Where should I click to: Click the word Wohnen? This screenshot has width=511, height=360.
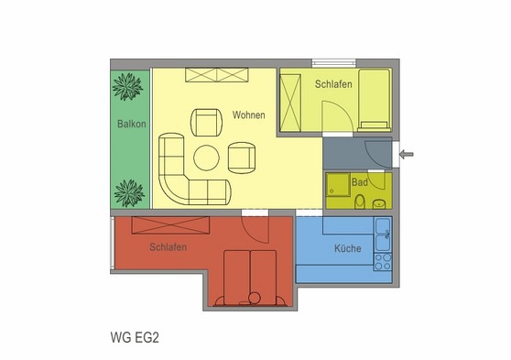(x=249, y=115)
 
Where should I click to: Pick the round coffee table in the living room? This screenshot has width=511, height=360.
(x=205, y=158)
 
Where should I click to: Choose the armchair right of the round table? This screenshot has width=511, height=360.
(x=242, y=158)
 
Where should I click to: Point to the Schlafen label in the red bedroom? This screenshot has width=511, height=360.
(x=169, y=247)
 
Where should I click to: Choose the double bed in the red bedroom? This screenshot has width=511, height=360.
(x=250, y=276)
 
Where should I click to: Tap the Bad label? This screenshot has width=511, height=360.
(x=360, y=183)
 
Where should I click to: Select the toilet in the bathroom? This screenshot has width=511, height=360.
(x=362, y=201)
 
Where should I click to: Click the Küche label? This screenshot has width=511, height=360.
(x=347, y=248)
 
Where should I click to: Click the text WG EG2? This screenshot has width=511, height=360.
(x=135, y=335)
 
